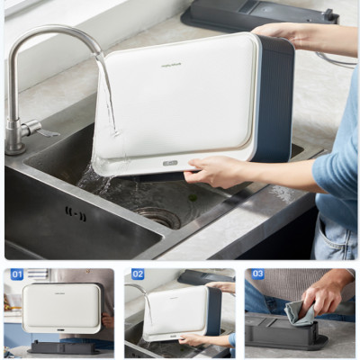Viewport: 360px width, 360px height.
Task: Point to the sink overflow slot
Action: tap(76, 212)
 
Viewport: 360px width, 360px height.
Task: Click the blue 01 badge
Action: tap(17, 274)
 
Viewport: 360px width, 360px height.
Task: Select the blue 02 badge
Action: tap(138, 274)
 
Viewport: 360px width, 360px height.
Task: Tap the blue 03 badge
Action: tap(257, 274)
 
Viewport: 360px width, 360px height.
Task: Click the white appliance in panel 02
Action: tap(176, 311)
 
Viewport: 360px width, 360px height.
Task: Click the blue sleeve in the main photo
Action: tap(337, 162)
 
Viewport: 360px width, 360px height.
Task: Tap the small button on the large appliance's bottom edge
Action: tap(170, 163)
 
